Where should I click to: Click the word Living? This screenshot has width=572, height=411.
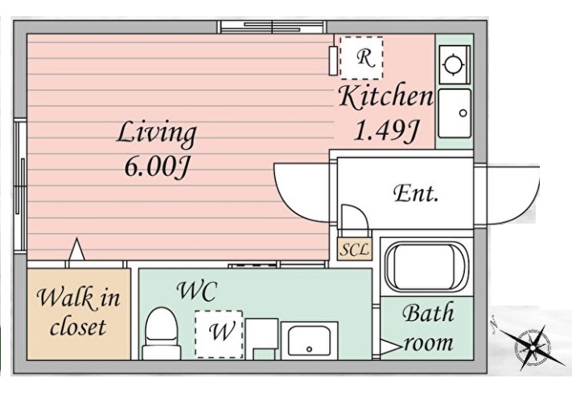(x=157, y=134)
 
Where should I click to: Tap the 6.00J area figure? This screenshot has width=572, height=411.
(x=157, y=168)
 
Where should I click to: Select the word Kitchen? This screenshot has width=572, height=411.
(x=385, y=97)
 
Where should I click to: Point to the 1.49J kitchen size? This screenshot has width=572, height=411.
(x=385, y=130)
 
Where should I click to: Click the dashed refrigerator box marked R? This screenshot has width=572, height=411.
(x=361, y=58)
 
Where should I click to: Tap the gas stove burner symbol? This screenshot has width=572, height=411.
(x=455, y=65)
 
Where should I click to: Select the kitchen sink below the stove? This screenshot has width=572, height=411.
(x=455, y=113)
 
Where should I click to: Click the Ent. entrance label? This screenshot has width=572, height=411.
(x=416, y=193)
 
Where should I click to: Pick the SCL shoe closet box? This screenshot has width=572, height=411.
(x=355, y=249)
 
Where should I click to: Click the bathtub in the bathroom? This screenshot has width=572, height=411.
(x=426, y=266)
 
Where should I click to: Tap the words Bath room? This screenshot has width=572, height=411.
(x=428, y=327)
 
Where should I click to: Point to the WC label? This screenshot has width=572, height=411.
(x=197, y=291)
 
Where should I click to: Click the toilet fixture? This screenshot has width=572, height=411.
(x=161, y=333)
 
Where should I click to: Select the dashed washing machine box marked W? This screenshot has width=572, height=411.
(x=219, y=334)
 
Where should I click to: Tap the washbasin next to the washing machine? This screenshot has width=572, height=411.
(x=310, y=340)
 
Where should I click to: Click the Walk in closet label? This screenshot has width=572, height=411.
(x=78, y=311)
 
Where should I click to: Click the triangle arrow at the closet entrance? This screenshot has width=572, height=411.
(x=76, y=249)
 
